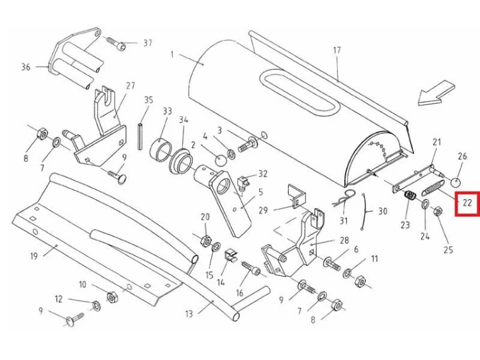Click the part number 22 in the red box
pyautogui.click(x=467, y=203)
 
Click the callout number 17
pyautogui.click(x=337, y=51)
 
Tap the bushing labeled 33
pyautogui.click(x=161, y=151)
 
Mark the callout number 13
pyautogui.click(x=189, y=314)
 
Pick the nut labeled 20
pyautogui.click(x=206, y=240)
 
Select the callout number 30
pyautogui.click(x=383, y=211)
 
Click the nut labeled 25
pyautogui.click(x=438, y=212)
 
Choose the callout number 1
pyautogui.click(x=172, y=54)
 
